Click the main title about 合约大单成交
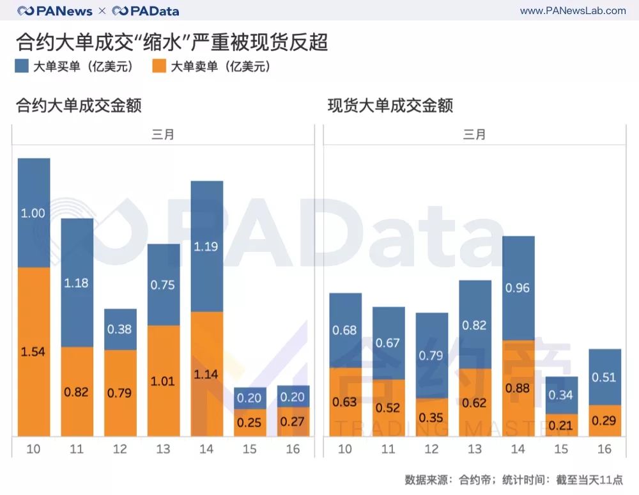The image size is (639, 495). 172,42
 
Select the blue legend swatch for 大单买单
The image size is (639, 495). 22,66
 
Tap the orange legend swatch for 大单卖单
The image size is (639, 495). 159,66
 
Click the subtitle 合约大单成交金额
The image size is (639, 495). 79,105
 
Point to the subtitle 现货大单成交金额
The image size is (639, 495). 390,105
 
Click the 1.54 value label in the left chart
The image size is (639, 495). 33,352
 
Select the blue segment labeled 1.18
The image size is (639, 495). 77,282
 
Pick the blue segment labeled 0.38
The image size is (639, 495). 120,329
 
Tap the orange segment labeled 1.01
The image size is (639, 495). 164,381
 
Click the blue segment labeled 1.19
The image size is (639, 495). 206,246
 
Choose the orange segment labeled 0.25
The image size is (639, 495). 250,423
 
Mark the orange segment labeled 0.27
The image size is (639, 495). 293,421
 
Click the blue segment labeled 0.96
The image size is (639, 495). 518,288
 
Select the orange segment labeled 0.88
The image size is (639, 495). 518,388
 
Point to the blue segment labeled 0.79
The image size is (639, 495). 431,356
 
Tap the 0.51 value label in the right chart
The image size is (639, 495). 604,377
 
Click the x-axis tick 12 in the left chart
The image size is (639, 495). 120,449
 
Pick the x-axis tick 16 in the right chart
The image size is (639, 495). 604,449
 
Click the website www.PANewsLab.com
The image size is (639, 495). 573,11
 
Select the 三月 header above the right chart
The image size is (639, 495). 474,134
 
